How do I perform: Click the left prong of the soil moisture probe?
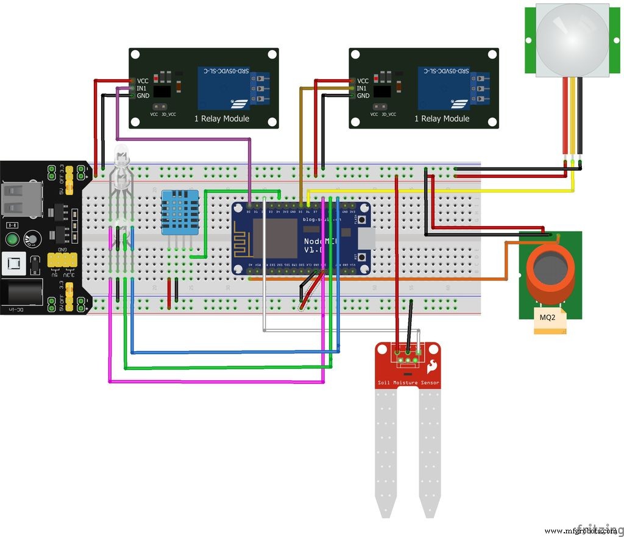pos(387,451)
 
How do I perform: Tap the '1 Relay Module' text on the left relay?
pos(222,118)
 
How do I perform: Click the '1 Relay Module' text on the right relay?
pos(442,118)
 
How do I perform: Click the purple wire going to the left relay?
pos(183,139)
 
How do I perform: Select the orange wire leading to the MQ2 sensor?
pos(427,279)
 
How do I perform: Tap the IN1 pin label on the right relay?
pos(363,88)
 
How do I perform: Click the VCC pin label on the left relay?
pos(143,80)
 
